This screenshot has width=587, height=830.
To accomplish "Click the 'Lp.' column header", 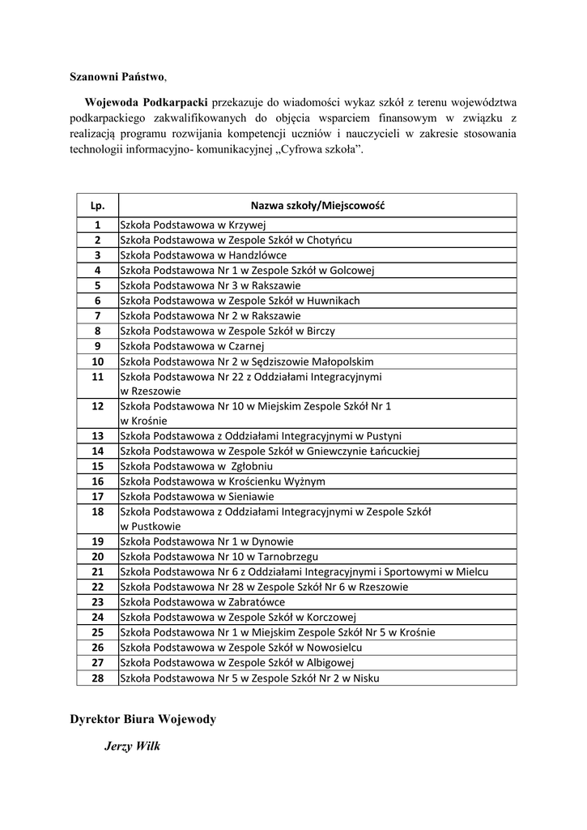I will pos(97,206).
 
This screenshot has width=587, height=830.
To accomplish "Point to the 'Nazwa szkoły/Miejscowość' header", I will pos(317,206).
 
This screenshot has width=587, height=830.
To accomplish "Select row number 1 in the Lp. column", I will pos(97,225).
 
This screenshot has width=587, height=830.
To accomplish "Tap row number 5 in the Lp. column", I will pos(97,285).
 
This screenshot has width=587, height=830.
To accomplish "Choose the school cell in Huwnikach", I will pos(240,301).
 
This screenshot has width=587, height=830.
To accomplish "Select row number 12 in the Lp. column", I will pos(97,406).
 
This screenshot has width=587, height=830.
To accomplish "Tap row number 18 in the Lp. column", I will pos(97,511).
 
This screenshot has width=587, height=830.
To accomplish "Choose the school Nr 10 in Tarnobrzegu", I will pos(219,557).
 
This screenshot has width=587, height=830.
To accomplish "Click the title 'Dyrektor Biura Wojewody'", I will pos(142,719).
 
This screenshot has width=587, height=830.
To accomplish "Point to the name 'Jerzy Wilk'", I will pos(132,746).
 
